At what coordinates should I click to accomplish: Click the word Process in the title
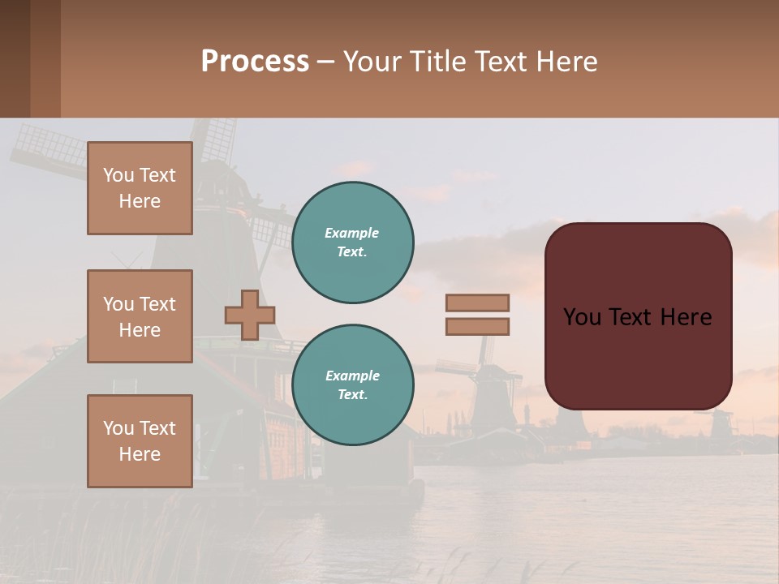tap(255, 62)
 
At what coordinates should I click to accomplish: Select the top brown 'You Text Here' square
tap(140, 188)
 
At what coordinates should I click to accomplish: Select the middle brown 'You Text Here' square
tap(140, 316)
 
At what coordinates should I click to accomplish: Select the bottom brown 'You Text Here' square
tap(140, 441)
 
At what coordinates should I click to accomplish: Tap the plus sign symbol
tap(250, 315)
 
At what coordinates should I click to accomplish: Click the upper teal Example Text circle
tap(353, 243)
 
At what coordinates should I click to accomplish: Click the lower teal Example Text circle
tap(353, 385)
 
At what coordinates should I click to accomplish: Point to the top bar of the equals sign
tap(478, 303)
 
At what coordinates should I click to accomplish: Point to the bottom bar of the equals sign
tap(478, 327)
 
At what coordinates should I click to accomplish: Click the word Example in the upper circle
tap(351, 233)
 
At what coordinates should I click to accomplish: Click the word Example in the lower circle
tap(352, 376)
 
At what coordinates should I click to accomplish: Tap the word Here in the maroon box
tap(686, 317)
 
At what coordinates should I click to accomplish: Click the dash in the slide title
tap(325, 62)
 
